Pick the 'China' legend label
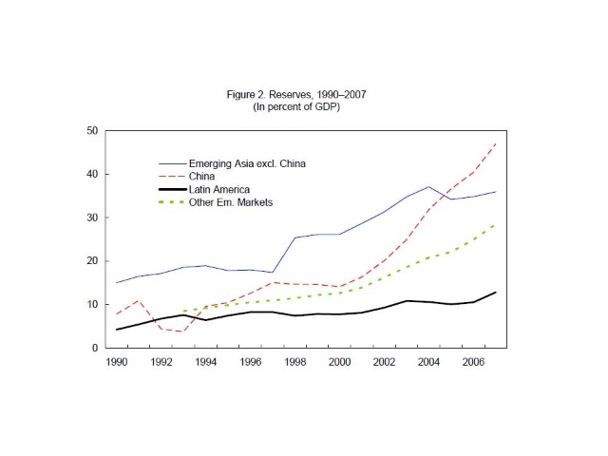point(201,176)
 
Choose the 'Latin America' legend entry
point(218,189)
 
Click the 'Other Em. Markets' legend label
point(229,202)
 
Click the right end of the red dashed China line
point(494,142)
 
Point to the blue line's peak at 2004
point(428,187)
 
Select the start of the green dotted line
point(182,311)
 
